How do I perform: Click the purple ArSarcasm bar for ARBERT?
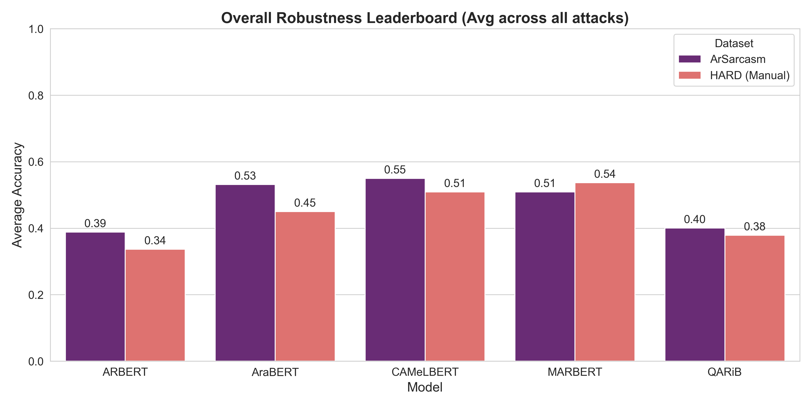(95, 296)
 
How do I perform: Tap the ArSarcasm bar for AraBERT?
(245, 273)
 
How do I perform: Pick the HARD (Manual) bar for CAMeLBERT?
(455, 277)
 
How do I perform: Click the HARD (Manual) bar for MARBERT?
(604, 272)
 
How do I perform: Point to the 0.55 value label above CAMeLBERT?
(395, 170)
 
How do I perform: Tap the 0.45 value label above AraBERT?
(305, 203)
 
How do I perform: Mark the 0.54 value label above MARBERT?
(604, 174)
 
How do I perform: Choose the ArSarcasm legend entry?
(738, 59)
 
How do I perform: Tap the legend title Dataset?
(734, 43)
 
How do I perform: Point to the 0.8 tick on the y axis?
(36, 95)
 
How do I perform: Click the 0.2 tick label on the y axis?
(36, 295)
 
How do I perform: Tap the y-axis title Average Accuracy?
(17, 195)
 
